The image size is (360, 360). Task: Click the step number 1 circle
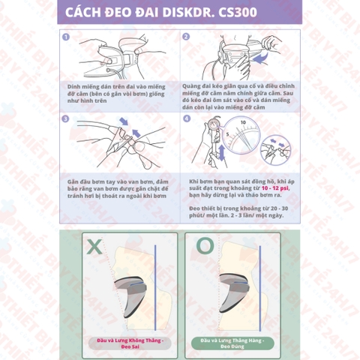tap(67, 36)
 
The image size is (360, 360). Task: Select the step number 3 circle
tap(67, 118)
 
